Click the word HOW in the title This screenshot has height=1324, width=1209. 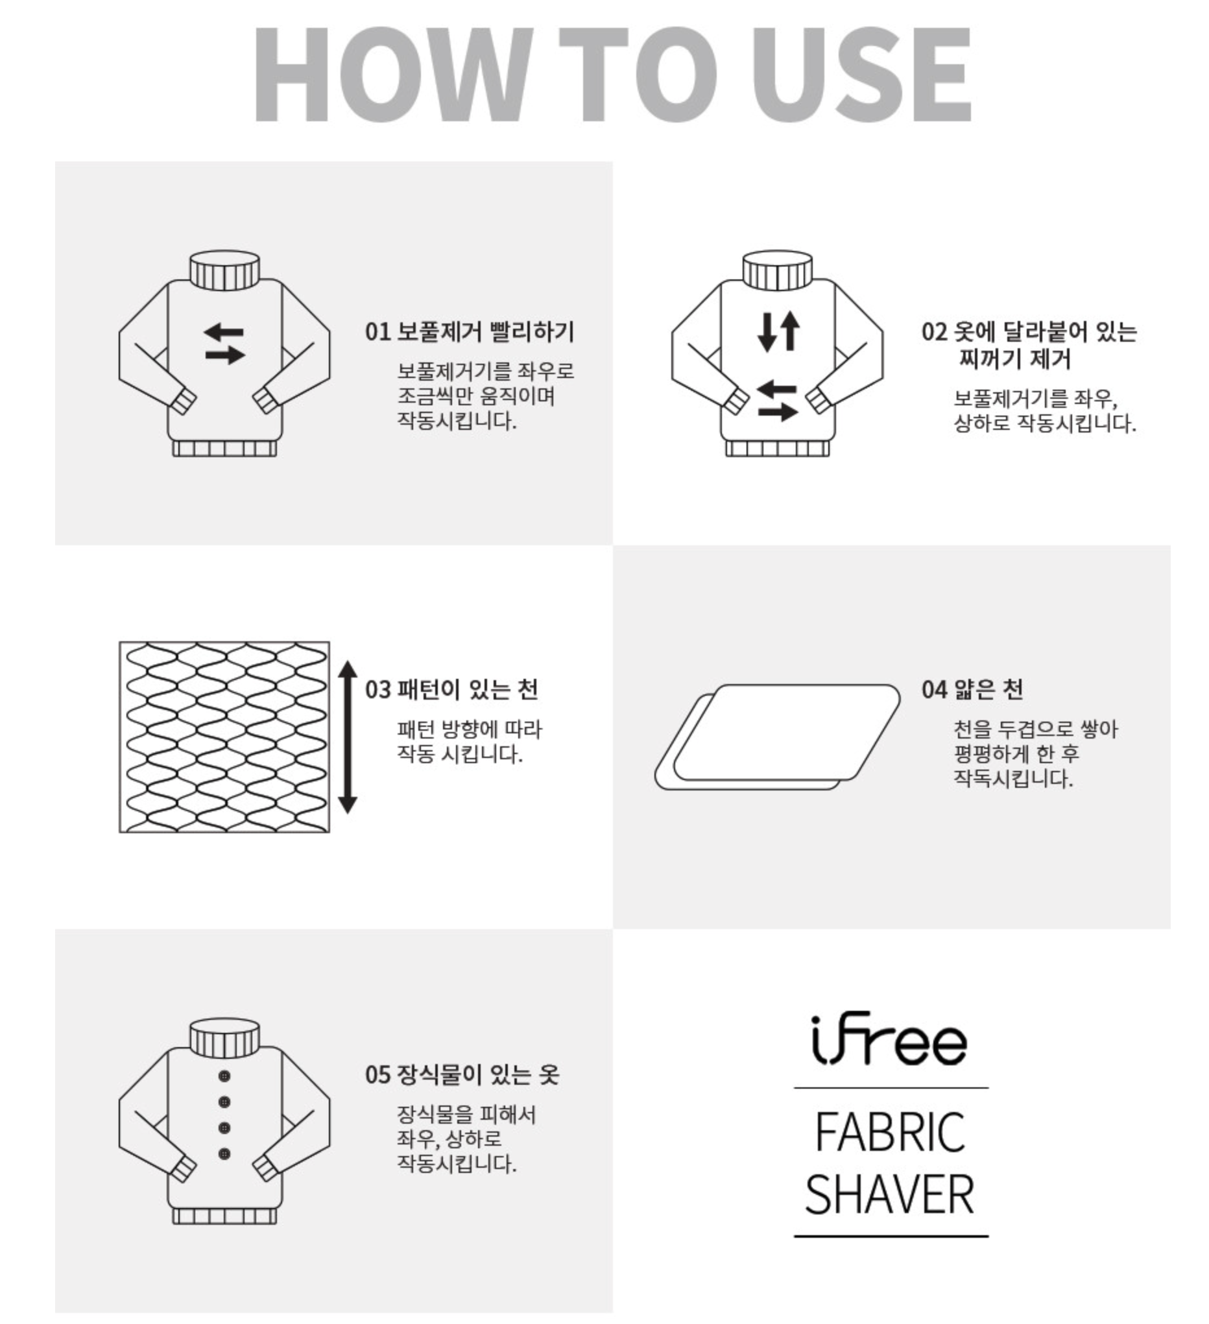[390, 74]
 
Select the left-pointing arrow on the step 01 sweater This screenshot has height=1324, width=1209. [224, 332]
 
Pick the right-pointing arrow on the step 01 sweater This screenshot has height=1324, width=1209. [224, 355]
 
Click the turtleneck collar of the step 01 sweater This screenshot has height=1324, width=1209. [224, 270]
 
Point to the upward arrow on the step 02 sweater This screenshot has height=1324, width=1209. [790, 329]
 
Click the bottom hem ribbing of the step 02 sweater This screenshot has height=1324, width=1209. [777, 449]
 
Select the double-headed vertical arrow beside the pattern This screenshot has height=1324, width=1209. [348, 737]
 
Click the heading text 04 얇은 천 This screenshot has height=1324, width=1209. [972, 690]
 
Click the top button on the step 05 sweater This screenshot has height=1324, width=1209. [224, 1076]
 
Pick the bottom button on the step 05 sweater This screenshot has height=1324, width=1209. [224, 1154]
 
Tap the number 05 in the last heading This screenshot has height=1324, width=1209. [377, 1075]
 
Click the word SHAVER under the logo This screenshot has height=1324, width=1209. [890, 1194]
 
